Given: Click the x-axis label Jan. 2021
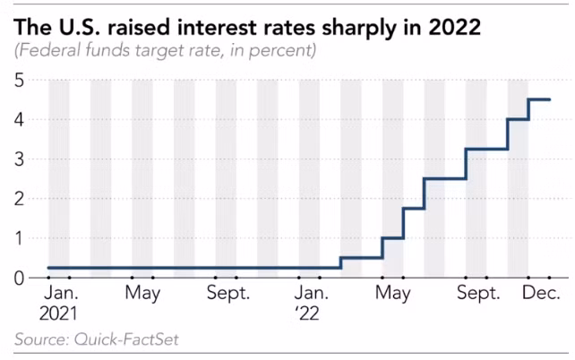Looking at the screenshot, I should [x=59, y=304].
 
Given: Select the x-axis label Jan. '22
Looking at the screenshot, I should [x=311, y=304].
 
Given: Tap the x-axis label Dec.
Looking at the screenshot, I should [x=542, y=294].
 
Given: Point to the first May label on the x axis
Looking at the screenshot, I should [x=142, y=294].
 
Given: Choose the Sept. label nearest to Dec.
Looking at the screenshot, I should [x=478, y=294].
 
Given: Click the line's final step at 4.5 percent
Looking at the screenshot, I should [x=539, y=99].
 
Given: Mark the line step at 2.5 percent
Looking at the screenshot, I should [x=444, y=178].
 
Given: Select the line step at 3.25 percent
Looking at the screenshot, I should [x=486, y=149].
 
